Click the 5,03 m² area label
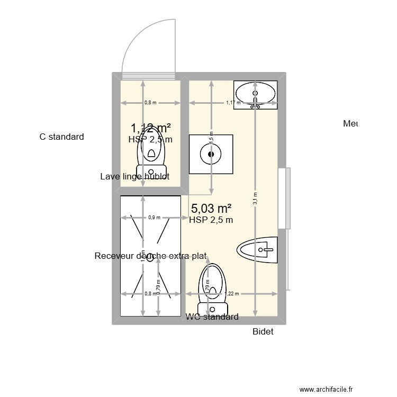pos(211,209)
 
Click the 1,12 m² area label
pos(151,128)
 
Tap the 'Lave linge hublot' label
pos(134,177)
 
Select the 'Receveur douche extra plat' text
pos(150,256)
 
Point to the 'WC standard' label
pos(212,317)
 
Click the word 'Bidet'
pos(263,331)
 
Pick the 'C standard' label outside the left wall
pos(61,137)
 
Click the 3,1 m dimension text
pos(255,198)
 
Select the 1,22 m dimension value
pos(231,294)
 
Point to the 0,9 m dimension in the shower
pos(154,217)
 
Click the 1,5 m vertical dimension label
pos(211,137)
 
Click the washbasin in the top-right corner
pos(256,95)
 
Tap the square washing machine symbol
pos(211,154)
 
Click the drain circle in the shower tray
pos(150,258)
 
